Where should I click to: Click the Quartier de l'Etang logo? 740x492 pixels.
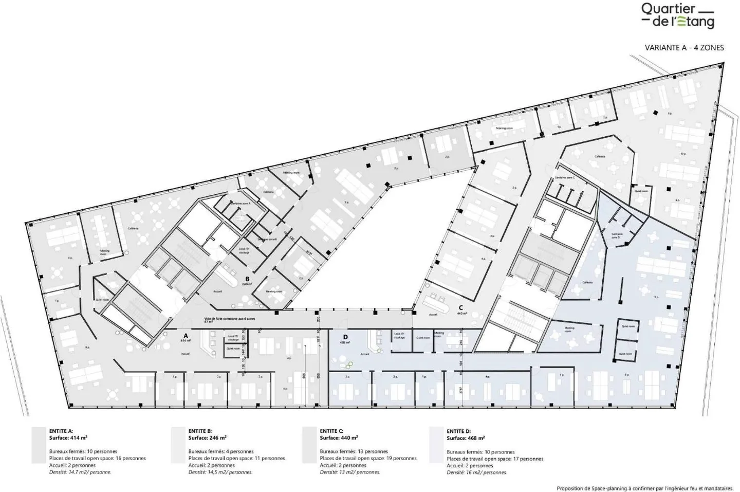(x=677, y=15)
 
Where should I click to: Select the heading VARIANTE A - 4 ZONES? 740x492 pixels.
(x=684, y=48)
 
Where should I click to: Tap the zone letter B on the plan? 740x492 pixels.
(x=247, y=279)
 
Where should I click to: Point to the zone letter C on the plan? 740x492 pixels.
(x=461, y=308)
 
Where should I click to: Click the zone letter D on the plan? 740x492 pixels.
(x=345, y=337)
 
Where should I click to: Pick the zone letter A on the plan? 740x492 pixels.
(x=186, y=335)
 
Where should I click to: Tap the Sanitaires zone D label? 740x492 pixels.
(x=617, y=235)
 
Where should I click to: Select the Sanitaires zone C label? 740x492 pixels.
(x=565, y=177)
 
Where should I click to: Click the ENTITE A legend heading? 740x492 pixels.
(x=61, y=431)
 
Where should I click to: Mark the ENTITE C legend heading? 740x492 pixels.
(x=331, y=431)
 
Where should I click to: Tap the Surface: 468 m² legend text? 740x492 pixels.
(x=466, y=438)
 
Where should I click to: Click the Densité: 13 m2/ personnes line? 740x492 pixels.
(x=349, y=472)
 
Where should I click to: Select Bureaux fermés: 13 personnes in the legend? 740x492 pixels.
(x=354, y=451)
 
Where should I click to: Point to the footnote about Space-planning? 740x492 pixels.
(x=645, y=488)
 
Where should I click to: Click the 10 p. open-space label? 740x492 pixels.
(x=683, y=154)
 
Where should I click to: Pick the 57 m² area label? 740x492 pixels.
(x=209, y=322)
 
